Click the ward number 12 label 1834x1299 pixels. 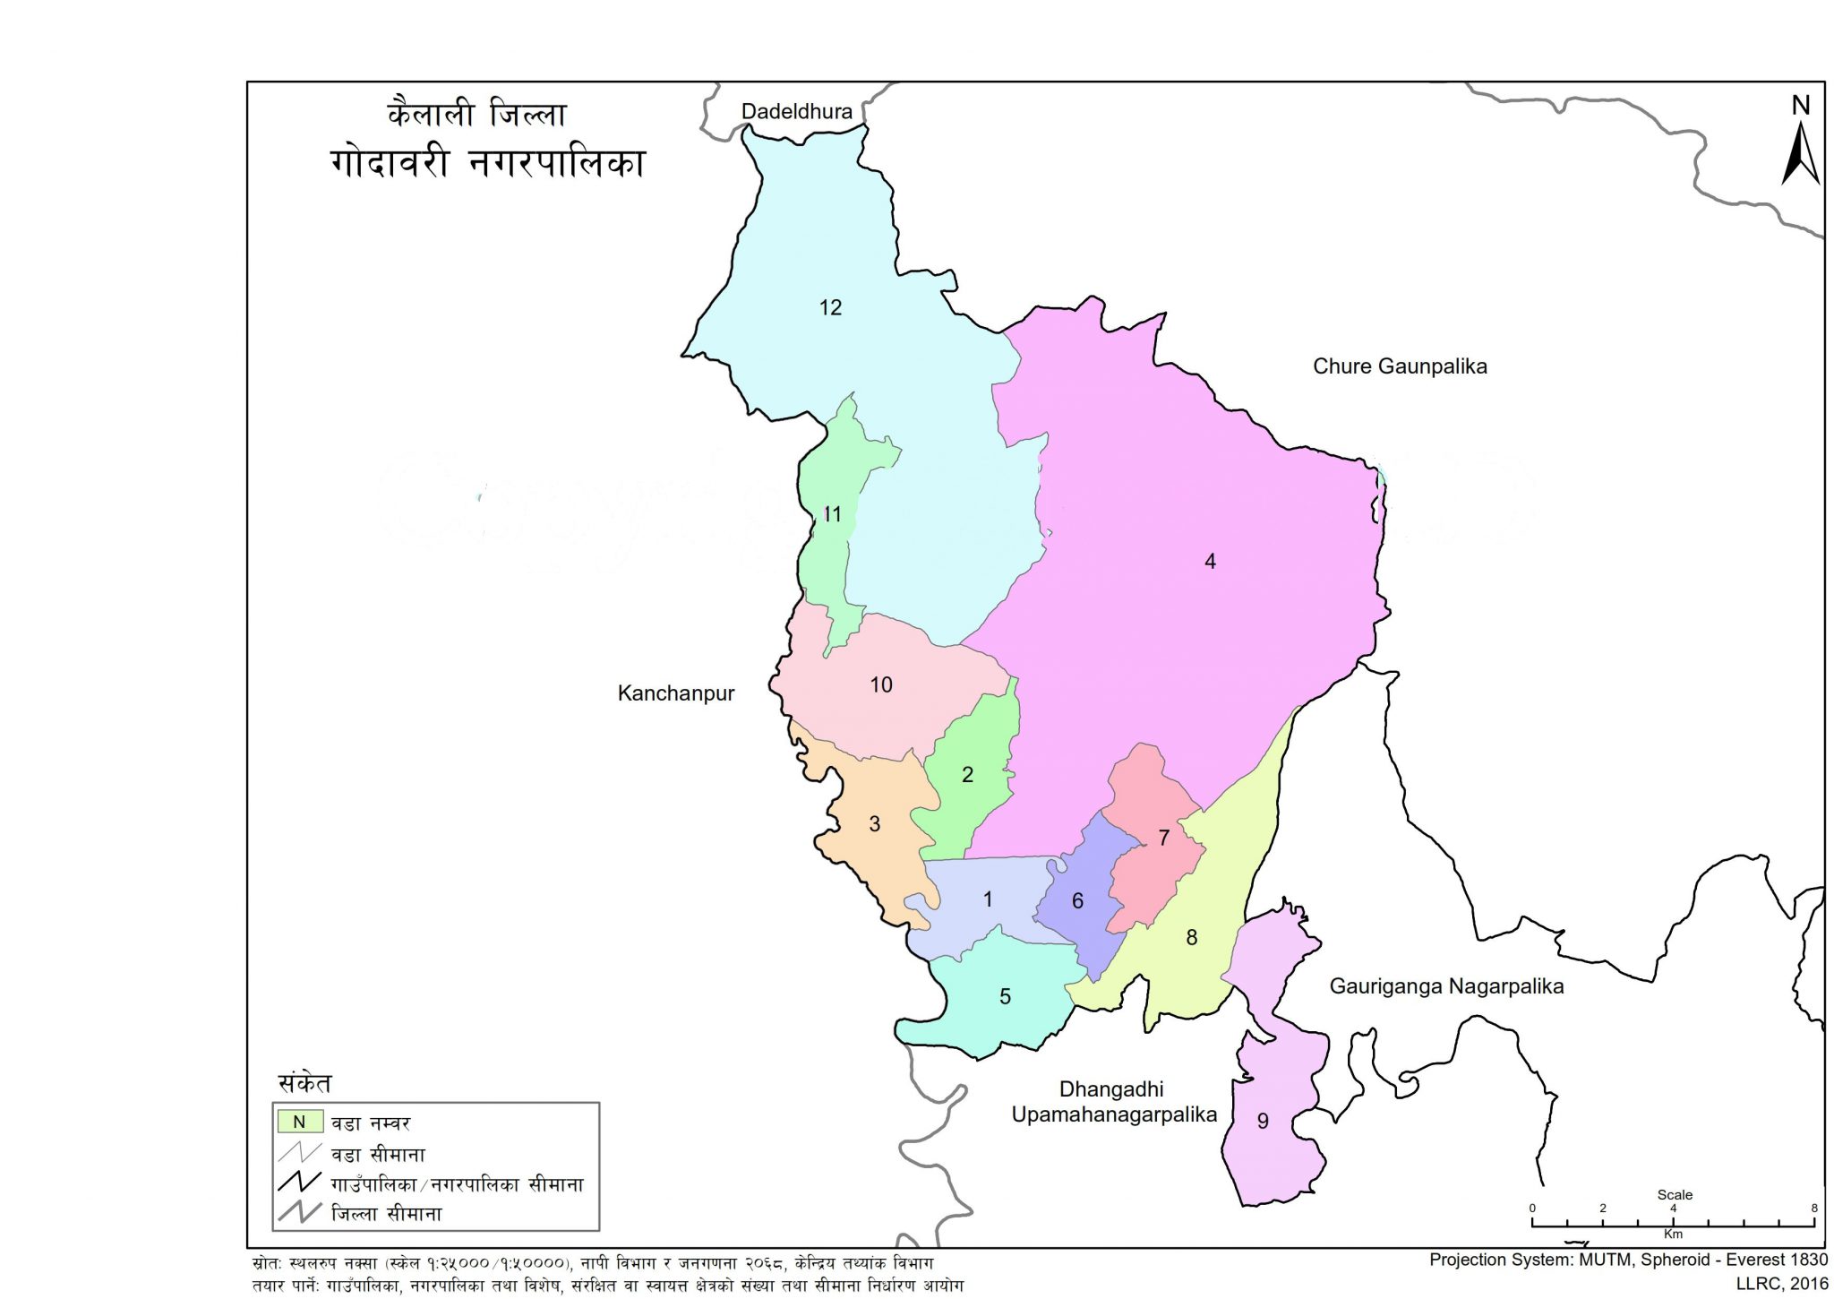coord(830,307)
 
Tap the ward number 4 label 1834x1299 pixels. coord(1210,562)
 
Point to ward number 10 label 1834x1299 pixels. coord(881,684)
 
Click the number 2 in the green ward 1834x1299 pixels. coord(967,774)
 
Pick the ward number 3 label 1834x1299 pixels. coord(875,823)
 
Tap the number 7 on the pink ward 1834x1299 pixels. coord(1163,838)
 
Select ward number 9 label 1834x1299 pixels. coord(1263,1121)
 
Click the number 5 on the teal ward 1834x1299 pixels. coord(1005,996)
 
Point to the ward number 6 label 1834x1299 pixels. coord(1077,900)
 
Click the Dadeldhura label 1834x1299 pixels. coord(797,111)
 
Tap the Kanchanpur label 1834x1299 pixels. coord(676,693)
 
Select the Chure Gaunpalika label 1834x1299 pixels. coord(1400,366)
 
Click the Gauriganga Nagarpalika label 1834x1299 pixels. coord(1446,986)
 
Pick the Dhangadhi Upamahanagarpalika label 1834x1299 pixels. coord(1113,1102)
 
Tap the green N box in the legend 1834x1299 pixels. coord(300,1122)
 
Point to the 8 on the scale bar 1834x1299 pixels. coord(1814,1208)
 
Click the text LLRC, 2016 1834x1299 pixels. coord(1782,1284)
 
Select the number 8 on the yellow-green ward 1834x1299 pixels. coord(1191,937)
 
